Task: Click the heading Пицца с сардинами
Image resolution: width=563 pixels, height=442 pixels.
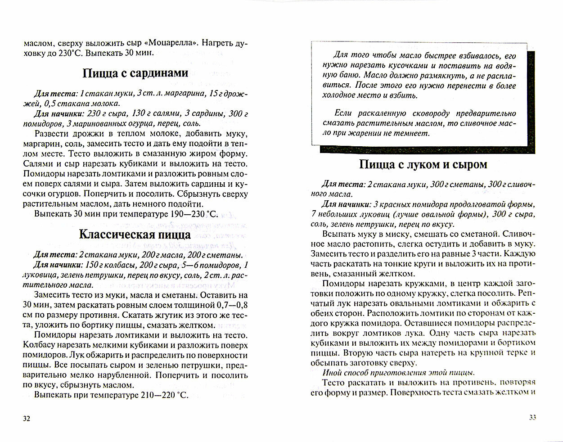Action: pyautogui.click(x=135, y=73)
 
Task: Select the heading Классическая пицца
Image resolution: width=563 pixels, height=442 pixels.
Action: pyautogui.click(x=135, y=235)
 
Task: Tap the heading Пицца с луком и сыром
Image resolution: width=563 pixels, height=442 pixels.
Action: pyautogui.click(x=423, y=165)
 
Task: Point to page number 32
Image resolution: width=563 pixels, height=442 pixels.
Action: pyautogui.click(x=26, y=419)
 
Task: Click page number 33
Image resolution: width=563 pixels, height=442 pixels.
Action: pyautogui.click(x=532, y=417)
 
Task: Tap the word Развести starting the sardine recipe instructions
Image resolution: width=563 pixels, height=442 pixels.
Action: pyautogui.click(x=50, y=135)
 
